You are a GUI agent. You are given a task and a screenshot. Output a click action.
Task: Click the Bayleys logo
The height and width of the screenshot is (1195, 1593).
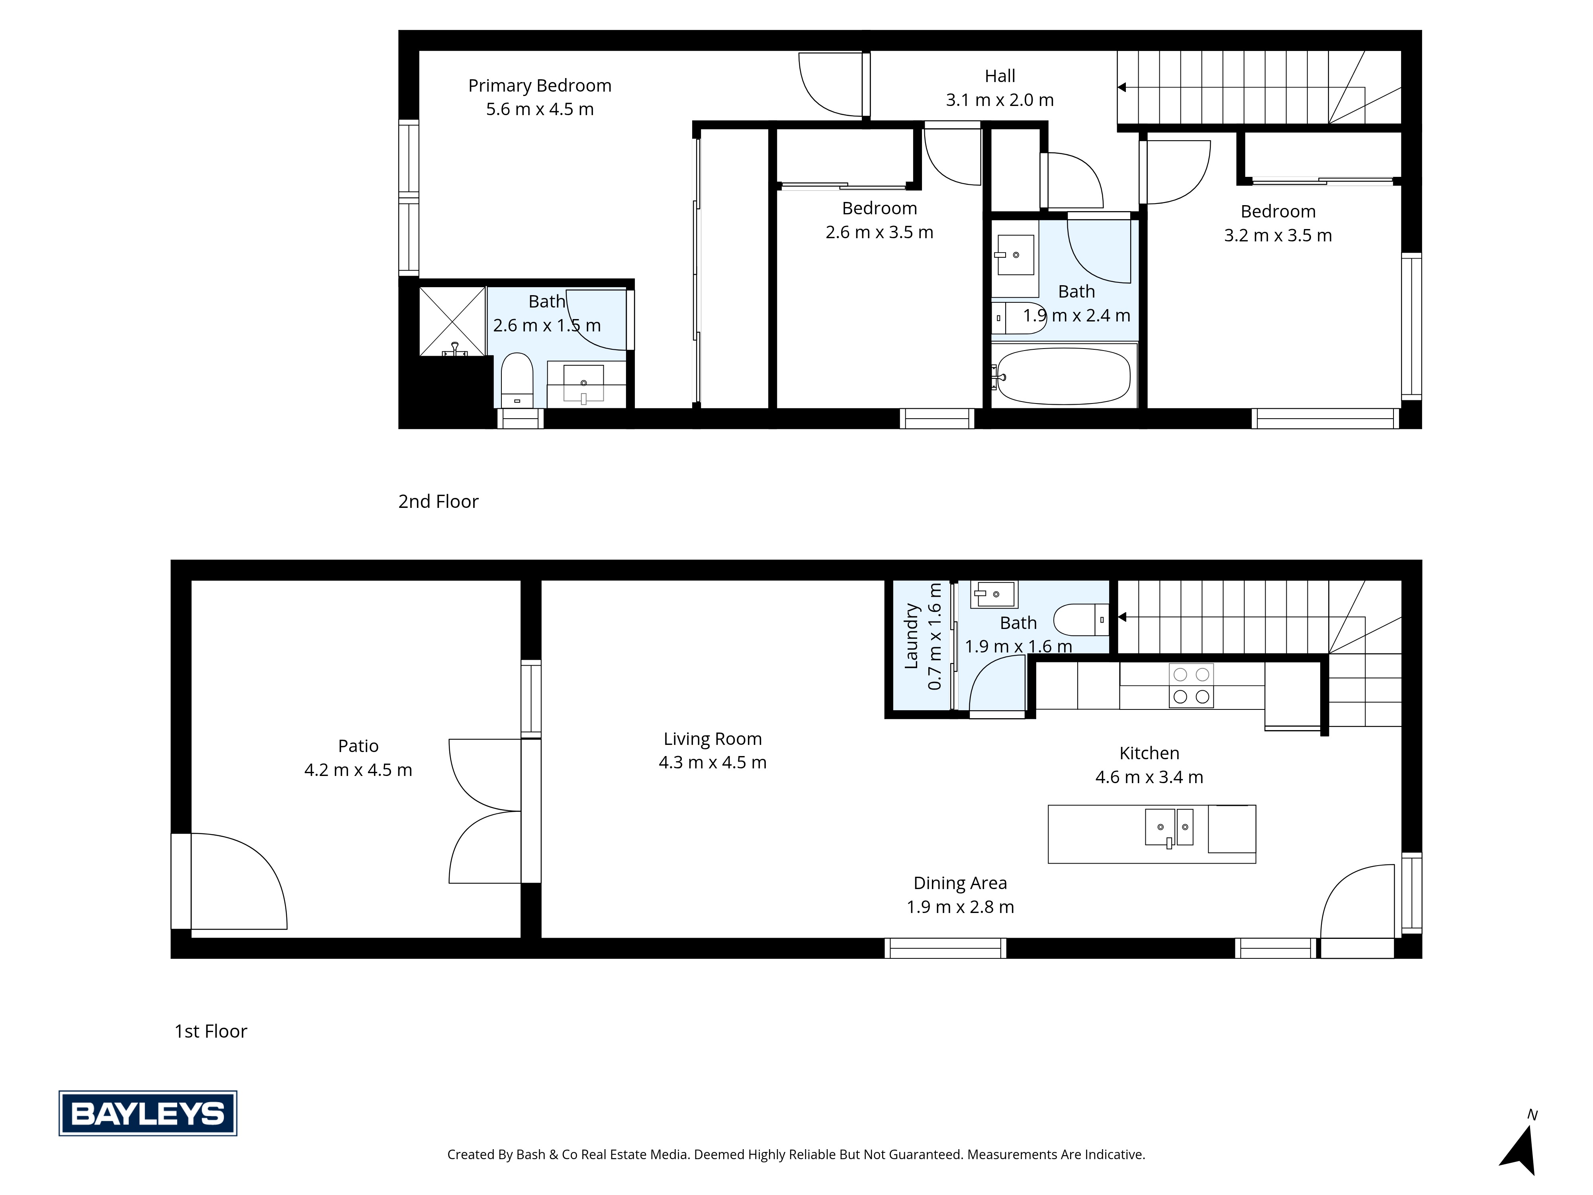coord(148,1113)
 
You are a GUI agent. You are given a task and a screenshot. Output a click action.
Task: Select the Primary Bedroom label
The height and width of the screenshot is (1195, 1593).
coord(539,86)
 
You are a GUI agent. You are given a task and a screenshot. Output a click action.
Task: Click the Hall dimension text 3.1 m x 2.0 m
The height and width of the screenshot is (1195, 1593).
coord(1000,100)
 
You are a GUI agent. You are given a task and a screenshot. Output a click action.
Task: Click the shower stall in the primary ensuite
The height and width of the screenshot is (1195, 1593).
coord(452,321)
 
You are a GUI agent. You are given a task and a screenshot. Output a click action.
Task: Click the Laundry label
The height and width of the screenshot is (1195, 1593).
coord(912,636)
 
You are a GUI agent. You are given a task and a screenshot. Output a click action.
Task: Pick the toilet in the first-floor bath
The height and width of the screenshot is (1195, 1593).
coord(1080,619)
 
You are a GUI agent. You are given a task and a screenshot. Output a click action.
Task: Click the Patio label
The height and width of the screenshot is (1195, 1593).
coord(358,746)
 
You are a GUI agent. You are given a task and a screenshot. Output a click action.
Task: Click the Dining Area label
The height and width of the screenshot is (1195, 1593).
coord(960,883)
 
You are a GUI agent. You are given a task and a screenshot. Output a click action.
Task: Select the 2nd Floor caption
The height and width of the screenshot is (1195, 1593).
coord(438,502)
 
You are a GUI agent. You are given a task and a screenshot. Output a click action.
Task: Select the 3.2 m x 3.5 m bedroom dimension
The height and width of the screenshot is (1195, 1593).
coord(1278,235)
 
